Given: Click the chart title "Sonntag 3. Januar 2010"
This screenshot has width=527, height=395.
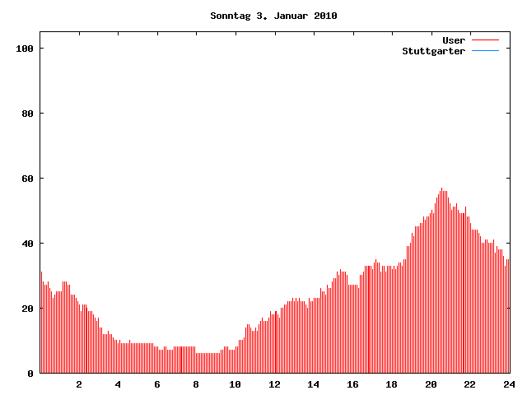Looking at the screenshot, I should tap(273, 16).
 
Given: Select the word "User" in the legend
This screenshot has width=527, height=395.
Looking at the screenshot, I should tap(454, 40).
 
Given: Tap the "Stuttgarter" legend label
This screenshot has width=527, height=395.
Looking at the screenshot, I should tap(433, 51).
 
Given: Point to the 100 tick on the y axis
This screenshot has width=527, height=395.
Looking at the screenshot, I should tap(24, 49).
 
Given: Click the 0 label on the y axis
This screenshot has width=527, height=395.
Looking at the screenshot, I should tap(30, 374).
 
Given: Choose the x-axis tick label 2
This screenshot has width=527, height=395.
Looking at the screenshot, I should tap(79, 384).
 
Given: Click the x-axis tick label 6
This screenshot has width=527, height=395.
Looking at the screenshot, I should tap(157, 384).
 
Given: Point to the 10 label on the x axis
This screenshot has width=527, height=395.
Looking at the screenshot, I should tap(235, 384).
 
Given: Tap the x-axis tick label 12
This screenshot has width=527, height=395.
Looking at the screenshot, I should tap(274, 384).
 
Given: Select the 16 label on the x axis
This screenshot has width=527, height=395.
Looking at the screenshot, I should tap(352, 384).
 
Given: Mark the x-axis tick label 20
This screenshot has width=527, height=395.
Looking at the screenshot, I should tap(431, 384).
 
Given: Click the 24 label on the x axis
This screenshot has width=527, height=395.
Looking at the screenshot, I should tap(508, 384).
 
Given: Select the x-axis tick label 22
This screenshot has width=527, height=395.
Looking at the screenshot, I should tap(469, 384).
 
